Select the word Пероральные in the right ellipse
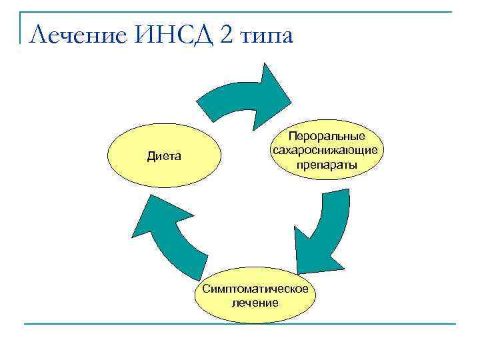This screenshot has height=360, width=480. (x=326, y=136)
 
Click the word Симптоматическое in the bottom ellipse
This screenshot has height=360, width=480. (x=255, y=289)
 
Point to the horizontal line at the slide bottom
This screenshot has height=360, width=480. (x=240, y=324)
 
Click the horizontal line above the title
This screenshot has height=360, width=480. (x=240, y=11)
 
